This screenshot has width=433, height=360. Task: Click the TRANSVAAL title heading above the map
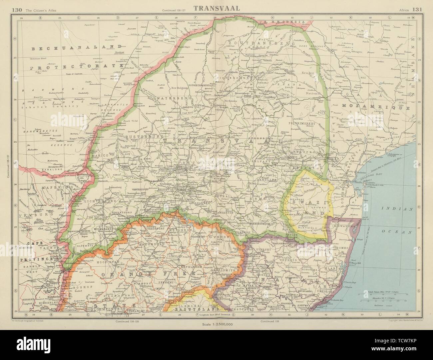tap(217, 9)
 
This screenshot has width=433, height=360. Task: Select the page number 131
tap(417, 9)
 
